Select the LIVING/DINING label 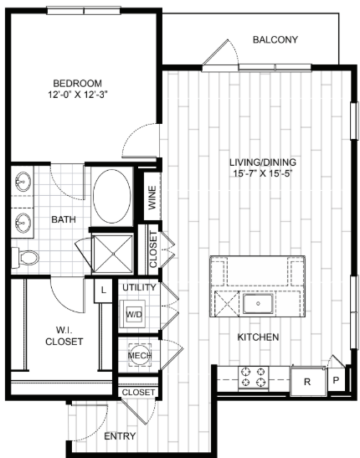[264, 162]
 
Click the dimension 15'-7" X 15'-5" [264, 174]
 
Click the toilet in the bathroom [27, 256]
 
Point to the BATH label [63, 220]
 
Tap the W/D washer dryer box [134, 314]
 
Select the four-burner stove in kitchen [253, 378]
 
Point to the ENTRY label [121, 435]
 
